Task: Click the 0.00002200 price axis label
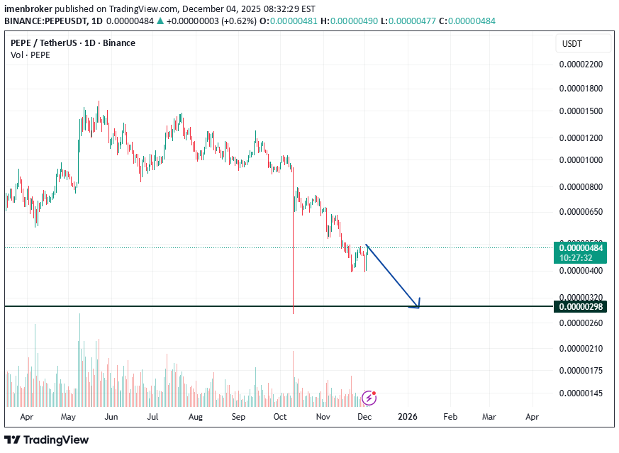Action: point(581,65)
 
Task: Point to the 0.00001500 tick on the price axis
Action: point(581,111)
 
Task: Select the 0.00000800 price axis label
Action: point(581,187)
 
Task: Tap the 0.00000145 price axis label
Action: point(581,393)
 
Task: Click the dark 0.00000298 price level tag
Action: point(581,307)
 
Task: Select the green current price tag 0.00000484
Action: point(581,248)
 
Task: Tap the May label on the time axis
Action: point(68,417)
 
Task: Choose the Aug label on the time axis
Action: point(196,417)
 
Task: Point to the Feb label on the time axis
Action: point(450,417)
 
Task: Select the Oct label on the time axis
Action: point(280,417)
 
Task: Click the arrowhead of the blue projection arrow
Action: point(418,306)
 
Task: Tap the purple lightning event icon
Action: point(369,397)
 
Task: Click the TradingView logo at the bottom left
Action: point(47,440)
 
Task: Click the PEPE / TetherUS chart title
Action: point(72,43)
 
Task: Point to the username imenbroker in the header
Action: point(28,9)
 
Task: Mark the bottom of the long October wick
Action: point(293,313)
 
